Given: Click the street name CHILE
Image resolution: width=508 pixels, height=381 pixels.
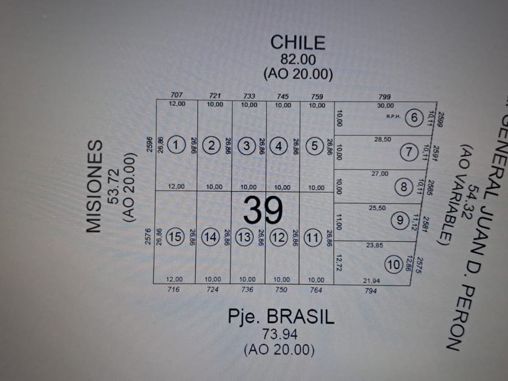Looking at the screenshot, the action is [298, 42].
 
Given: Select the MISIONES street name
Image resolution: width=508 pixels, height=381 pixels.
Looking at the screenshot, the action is [94, 187].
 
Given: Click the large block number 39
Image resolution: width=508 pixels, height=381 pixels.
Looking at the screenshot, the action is [264, 210].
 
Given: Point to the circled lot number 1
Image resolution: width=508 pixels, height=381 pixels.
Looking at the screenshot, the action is [176, 145].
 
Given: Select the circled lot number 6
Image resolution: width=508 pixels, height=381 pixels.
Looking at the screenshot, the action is [414, 118].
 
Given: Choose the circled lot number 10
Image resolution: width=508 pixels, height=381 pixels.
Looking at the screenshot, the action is [394, 264].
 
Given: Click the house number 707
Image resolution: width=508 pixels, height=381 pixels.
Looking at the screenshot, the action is [177, 96].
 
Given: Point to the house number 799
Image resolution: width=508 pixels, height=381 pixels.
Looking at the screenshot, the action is [385, 96].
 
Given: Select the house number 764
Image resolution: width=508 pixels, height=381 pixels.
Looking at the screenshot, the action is [315, 290].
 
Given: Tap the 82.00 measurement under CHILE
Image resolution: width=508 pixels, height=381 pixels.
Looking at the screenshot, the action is [298, 59].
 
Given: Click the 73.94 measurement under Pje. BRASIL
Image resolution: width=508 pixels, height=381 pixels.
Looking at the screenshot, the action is [280, 334].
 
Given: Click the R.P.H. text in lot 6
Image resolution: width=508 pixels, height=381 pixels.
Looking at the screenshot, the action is [391, 117].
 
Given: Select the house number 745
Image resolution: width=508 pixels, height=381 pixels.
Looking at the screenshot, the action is [282, 96].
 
